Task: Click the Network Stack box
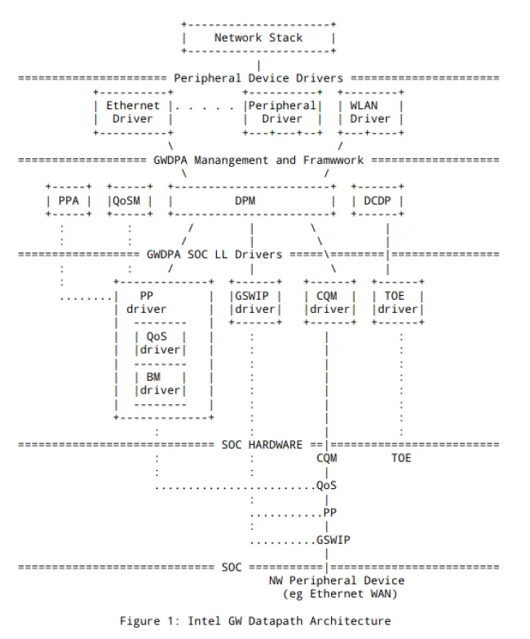tap(258, 37)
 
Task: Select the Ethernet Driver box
tap(133, 112)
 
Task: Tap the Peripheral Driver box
tap(281, 112)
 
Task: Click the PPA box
tap(68, 201)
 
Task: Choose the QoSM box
tap(129, 201)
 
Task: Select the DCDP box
tap(377, 201)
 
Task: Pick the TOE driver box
tap(397, 302)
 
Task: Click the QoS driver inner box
tap(159, 343)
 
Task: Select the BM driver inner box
tap(159, 384)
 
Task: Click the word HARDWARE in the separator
tap(276, 445)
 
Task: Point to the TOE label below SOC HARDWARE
tap(401, 458)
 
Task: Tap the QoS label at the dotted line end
tap(327, 486)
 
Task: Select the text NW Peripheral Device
tap(336, 580)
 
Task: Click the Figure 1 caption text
tap(255, 620)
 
